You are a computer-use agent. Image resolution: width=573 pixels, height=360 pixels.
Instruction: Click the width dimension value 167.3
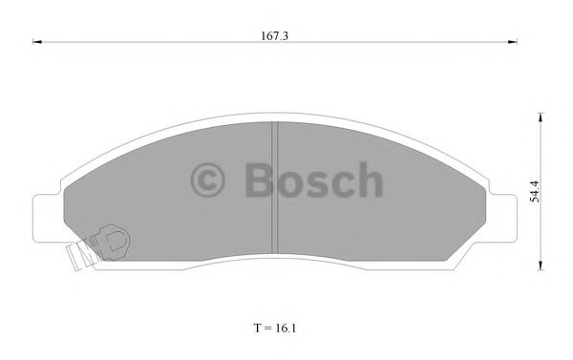(273, 35)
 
